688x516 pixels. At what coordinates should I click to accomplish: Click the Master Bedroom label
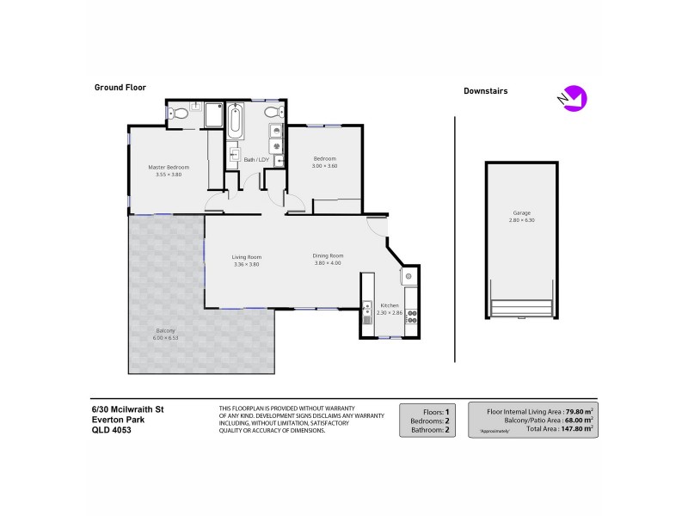[168, 167]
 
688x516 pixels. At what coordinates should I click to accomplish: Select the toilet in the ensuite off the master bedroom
[178, 113]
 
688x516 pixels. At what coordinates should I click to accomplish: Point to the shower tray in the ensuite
[213, 116]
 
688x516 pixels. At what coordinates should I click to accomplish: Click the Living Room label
[246, 257]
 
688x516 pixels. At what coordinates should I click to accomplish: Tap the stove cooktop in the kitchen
[410, 316]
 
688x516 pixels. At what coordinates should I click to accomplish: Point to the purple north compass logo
[572, 98]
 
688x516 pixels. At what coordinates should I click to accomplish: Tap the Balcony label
[166, 331]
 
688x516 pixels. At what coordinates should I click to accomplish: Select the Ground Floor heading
[120, 87]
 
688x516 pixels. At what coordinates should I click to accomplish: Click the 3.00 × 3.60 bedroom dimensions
[324, 165]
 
